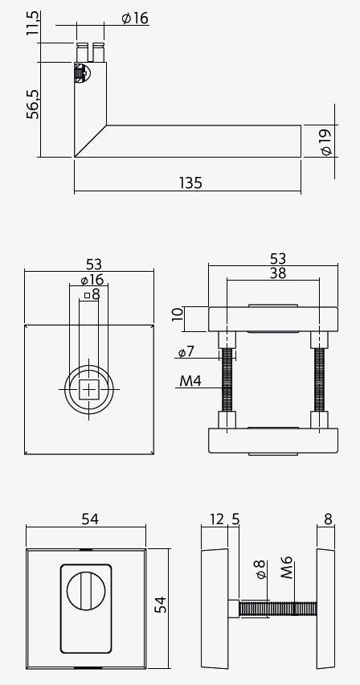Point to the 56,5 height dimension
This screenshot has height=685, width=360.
(33, 104)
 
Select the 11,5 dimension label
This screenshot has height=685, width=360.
(33, 24)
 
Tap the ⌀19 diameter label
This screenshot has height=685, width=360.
(325, 142)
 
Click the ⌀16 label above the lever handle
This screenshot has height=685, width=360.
(135, 18)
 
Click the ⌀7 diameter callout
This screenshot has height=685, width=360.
(186, 352)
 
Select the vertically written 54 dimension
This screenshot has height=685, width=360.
(161, 605)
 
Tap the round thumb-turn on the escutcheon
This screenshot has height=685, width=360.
(87, 593)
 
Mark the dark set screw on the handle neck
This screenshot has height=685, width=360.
(79, 74)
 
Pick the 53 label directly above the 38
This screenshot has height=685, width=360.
(278, 258)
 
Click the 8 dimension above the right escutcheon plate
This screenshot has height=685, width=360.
(328, 520)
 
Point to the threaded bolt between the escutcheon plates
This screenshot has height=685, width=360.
(273, 609)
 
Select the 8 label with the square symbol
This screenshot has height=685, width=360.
(92, 295)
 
